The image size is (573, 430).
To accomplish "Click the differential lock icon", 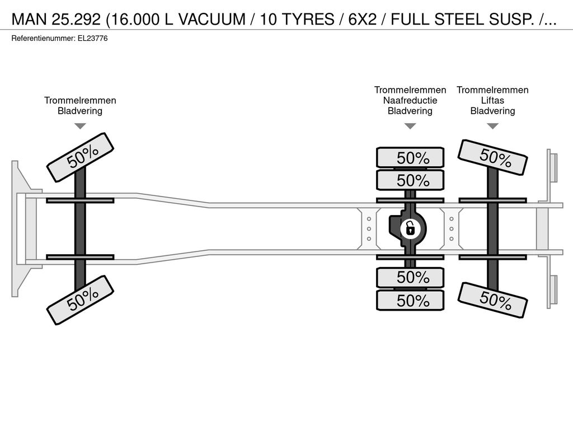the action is pos(410,229).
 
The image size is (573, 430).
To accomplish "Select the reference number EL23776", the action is pos(93,39).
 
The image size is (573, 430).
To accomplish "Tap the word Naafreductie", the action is pos(410,100).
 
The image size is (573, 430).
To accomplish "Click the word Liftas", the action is pos(492,100).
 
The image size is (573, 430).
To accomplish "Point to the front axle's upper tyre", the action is pos(81,157).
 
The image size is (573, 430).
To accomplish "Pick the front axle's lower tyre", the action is pos(81,300).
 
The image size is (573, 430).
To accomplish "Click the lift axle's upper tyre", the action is pos(492,157).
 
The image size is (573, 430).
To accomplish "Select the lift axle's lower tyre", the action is pos(492,300).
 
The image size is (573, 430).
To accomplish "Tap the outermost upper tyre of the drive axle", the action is pos(410,157).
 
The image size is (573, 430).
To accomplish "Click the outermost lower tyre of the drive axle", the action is pos(410,301).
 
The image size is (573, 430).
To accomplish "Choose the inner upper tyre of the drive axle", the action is pos(410,180).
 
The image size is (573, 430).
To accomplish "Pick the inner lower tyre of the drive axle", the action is pos(410,278).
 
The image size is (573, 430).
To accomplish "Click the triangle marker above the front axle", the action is pos(80,126).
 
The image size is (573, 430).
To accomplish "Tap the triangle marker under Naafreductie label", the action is pos(410,126).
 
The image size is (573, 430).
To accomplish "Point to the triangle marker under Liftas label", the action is pos(493,126).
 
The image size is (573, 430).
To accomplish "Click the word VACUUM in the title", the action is pos(212,20).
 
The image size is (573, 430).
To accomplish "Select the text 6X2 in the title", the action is pos(362,20).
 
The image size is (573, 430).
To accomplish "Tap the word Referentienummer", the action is pos(44,39).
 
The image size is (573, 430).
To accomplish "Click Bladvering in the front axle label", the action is pos(80,111).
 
